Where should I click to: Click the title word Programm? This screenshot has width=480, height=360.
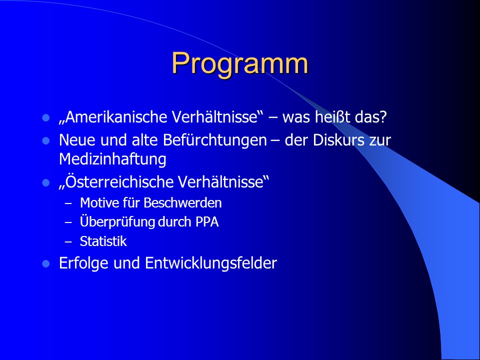pos(239,63)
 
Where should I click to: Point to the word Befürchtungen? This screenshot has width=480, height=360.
pos(215,140)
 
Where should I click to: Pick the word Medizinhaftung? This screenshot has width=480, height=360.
pos(112,159)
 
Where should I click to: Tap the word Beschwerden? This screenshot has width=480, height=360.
pos(182,203)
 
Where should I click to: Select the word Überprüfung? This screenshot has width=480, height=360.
pos(117,222)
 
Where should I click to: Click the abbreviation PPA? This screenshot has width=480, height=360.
pos(207,222)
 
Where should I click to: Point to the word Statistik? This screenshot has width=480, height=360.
pos(103,241)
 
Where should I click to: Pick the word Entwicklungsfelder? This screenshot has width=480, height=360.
pos(211,263)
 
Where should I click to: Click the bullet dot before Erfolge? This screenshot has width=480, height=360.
pos(46,264)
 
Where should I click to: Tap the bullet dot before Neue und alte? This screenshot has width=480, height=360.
pos(46,141)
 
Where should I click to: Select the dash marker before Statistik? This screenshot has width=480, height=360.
pos(68,242)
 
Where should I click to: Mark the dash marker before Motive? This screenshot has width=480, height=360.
pos(68,203)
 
